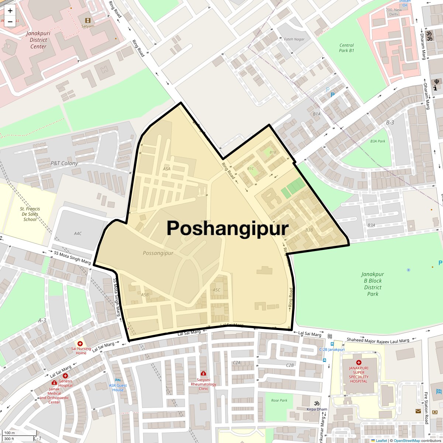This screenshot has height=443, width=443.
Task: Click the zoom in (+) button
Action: click(x=10, y=11)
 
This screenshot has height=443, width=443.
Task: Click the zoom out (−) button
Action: click(x=10, y=22)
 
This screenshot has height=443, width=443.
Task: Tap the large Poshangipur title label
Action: click(x=227, y=228)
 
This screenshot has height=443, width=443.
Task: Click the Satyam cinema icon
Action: click(x=88, y=20)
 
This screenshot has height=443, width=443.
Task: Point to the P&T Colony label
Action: click(x=64, y=163)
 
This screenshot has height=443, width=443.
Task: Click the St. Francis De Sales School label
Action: click(x=30, y=214)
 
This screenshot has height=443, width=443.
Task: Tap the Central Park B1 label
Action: click(x=346, y=48)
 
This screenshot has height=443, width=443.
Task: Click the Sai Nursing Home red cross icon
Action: click(x=80, y=344)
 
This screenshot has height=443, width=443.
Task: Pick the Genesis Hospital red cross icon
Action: click(x=65, y=376)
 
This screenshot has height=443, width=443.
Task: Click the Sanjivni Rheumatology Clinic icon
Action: click(x=203, y=374)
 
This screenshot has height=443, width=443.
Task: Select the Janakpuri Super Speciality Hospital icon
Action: click(x=358, y=363)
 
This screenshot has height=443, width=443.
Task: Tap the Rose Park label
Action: click(x=279, y=401)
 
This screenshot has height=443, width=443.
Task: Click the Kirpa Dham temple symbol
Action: click(x=316, y=403)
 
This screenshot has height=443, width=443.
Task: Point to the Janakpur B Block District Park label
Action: click(x=372, y=284)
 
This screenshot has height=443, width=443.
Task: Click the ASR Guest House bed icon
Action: click(x=118, y=380)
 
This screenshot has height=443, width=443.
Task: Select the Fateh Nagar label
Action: click(x=294, y=39)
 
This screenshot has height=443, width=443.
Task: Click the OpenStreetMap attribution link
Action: click(x=406, y=440)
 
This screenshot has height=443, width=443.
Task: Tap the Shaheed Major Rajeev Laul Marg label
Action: click(x=378, y=340)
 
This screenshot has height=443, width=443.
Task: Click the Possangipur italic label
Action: click(x=158, y=253)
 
